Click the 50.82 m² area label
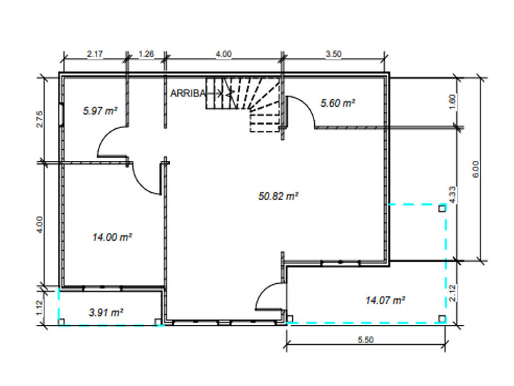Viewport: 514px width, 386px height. pyautogui.click(x=278, y=196)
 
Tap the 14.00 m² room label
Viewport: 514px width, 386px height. pyautogui.click(x=112, y=237)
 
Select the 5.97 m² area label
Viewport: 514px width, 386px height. pyautogui.click(x=100, y=111)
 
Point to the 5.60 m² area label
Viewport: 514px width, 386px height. pyautogui.click(x=337, y=103)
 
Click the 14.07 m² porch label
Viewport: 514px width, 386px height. pyautogui.click(x=385, y=300)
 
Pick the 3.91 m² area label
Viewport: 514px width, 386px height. pyautogui.click(x=105, y=313)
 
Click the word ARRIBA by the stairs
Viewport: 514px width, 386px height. pyautogui.click(x=188, y=93)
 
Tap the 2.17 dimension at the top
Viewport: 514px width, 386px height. pyautogui.click(x=94, y=55)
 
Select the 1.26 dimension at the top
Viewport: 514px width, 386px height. pyautogui.click(x=146, y=55)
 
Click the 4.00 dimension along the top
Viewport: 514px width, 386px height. pyautogui.click(x=223, y=55)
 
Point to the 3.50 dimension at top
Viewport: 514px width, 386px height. pyautogui.click(x=333, y=55)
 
